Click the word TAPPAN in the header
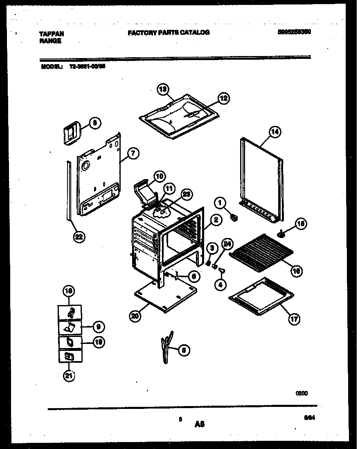[x=51, y=34]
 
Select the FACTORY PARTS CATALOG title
[x=169, y=32]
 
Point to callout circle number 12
[x=223, y=98]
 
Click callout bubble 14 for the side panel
[x=275, y=132]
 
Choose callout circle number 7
[x=133, y=153]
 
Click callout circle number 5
[x=184, y=350]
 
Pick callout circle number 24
[x=227, y=245]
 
